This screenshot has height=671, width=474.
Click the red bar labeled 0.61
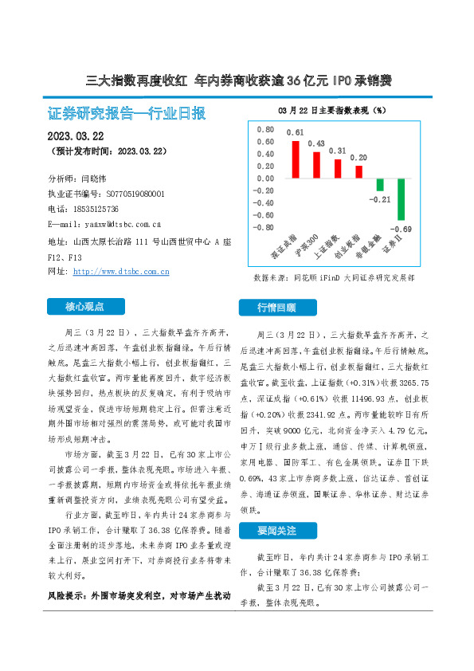click(x=296, y=159)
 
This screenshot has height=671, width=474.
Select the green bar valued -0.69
click(x=402, y=198)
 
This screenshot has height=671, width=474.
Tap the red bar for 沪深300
click(x=316, y=165)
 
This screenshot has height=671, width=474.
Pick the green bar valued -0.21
click(x=381, y=185)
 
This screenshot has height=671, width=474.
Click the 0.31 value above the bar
click(x=337, y=151)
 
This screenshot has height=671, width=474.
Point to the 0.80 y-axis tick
click(x=264, y=129)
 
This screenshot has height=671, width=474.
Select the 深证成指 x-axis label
click(x=284, y=248)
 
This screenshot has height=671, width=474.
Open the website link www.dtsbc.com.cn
click(x=120, y=272)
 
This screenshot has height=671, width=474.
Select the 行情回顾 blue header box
click(x=278, y=307)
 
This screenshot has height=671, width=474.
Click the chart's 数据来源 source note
click(x=333, y=278)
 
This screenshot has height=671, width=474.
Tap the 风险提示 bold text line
click(x=139, y=595)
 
